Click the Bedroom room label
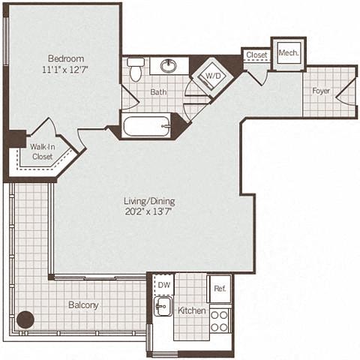pos(65,58)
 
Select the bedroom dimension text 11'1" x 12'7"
pos(65,71)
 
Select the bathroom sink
pos(169,65)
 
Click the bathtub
pos(147,124)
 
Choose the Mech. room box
pos(287,54)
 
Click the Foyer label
pos(322,91)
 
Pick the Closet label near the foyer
pos(256,55)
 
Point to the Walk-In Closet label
pos(42,151)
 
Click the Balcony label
pos(84,305)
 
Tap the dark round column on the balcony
pos(25,319)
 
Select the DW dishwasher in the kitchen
pos(163,286)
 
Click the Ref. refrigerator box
pos(219,288)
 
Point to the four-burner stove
pos(219,320)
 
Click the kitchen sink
pos(163,307)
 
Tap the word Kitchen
pos(191,310)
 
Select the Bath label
pos(157,92)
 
